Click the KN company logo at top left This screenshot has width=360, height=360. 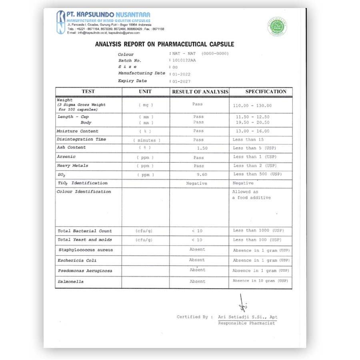61,22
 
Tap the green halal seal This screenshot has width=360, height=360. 277,26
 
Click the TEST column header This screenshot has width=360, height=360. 88,92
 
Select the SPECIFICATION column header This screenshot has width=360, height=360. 266,92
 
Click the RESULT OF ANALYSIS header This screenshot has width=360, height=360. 200,92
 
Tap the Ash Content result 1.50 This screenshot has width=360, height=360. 202,148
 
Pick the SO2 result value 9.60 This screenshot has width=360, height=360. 202,175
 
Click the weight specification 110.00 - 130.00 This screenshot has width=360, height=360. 252,106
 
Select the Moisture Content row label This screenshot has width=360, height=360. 77,131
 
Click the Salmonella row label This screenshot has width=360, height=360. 70,282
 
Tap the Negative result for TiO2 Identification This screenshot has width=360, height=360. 197,183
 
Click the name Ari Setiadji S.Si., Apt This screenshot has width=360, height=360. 248,317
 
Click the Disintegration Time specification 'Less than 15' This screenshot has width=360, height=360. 248,140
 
